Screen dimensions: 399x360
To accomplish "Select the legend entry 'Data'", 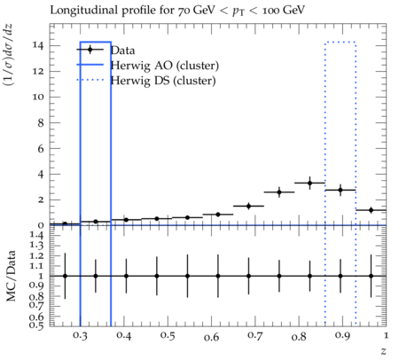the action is coord(122,51).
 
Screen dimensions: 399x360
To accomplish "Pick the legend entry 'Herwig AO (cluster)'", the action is coord(165,66).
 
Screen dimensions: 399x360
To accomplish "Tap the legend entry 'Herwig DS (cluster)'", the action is coord(163,81).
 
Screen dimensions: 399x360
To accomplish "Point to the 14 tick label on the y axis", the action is coord(38,45).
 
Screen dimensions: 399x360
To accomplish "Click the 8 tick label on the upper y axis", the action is coord(41,123).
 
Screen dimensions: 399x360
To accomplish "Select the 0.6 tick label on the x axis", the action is coord(211,336).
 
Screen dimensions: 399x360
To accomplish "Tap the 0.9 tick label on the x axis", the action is coord(342,336).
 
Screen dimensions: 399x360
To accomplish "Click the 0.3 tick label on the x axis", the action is coord(80,336).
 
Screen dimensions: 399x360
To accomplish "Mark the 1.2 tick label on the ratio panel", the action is coord(36,255).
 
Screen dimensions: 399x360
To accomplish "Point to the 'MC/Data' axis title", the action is coord(11,276).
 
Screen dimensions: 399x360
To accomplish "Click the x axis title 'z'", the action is coord(383,351).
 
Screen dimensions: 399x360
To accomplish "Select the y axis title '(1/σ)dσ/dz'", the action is coord(8,55).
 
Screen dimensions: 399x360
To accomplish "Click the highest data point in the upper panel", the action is coord(309,183).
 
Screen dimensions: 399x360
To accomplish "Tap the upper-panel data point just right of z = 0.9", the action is coord(340,190).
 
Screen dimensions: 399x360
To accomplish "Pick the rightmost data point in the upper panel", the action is coord(371,210).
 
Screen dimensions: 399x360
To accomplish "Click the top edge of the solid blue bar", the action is coord(96,42).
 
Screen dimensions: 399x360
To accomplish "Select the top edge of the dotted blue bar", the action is coord(340,43).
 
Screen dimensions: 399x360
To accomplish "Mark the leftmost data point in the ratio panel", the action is coord(65,276).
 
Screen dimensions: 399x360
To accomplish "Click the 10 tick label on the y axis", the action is coord(38,98).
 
